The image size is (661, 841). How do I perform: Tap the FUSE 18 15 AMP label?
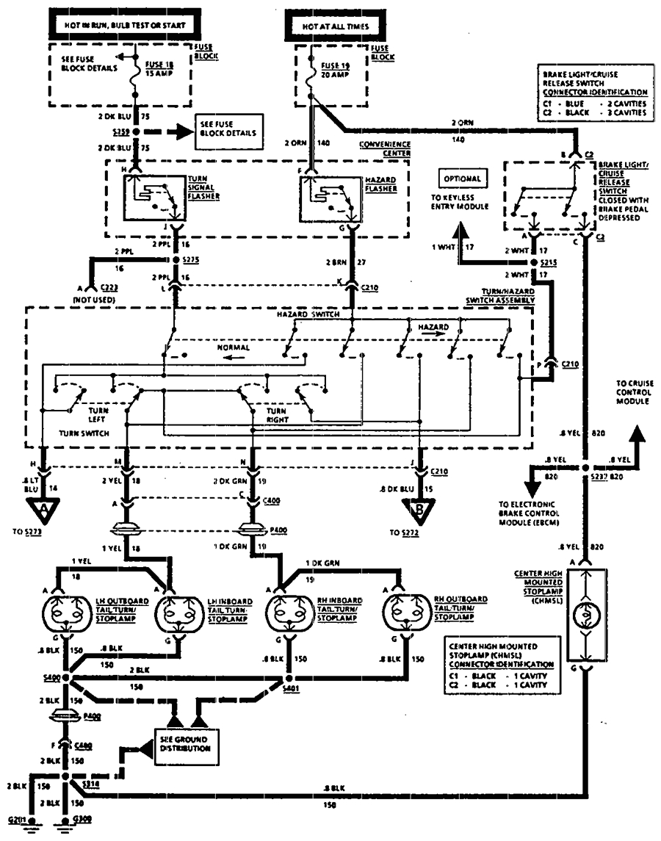[163, 68]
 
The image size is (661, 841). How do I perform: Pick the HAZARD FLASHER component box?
[330, 198]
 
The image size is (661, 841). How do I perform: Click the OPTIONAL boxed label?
[461, 178]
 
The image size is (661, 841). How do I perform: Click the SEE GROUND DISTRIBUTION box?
[184, 743]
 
